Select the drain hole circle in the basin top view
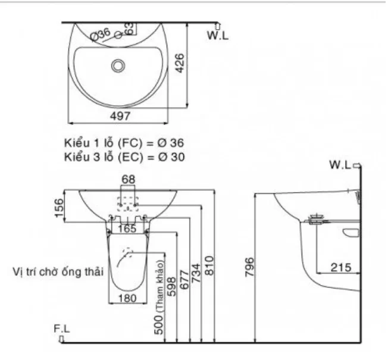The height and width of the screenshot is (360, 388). (119, 65)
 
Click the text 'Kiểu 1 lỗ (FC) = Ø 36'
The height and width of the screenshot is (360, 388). (124, 144)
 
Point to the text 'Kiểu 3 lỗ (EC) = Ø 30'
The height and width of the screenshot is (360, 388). (124, 157)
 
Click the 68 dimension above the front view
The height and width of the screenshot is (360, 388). (128, 179)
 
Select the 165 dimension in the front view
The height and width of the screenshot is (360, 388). (126, 228)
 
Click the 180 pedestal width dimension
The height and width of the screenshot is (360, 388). (126, 298)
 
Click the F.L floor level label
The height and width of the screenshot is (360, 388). (62, 328)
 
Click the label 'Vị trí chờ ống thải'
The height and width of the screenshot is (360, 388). (59, 271)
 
